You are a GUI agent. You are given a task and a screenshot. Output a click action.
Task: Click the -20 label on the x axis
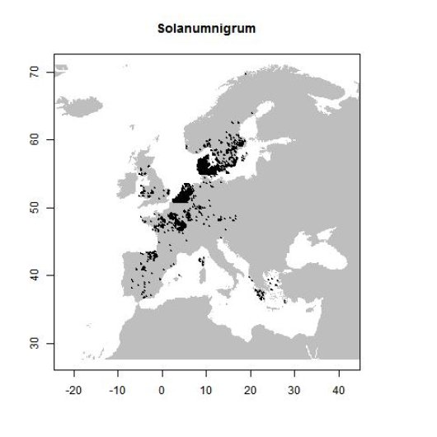(73, 388)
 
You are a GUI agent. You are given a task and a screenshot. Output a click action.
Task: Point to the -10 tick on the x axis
(117, 388)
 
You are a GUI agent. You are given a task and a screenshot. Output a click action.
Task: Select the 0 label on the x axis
(162, 388)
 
